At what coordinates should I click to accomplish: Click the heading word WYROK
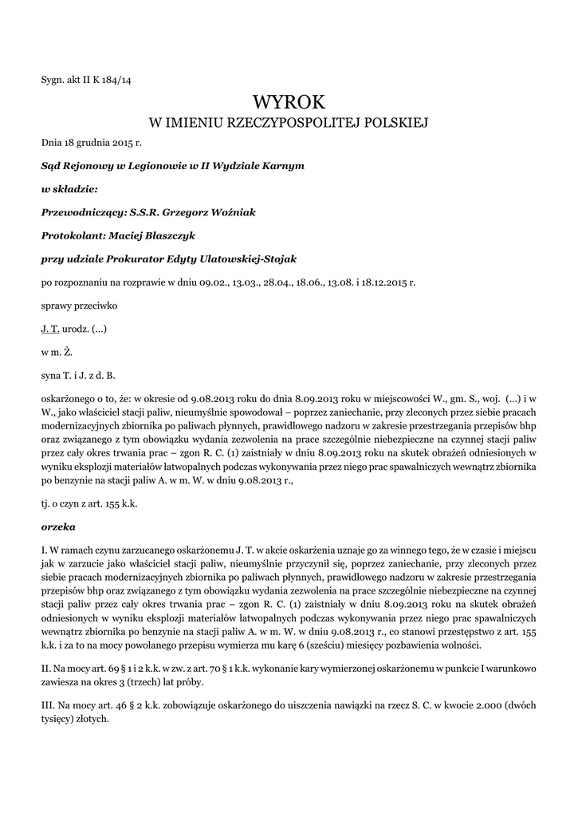pos(289,101)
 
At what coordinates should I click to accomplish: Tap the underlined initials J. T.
pos(49,328)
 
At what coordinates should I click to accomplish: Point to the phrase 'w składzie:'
pos(69,189)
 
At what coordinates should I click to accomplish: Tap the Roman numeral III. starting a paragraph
pos(49,705)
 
